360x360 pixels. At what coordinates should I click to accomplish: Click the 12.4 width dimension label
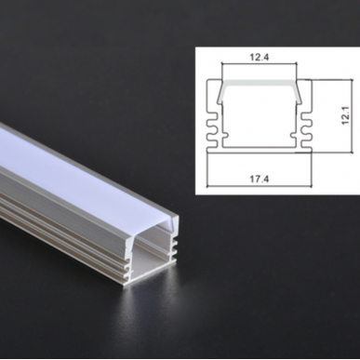point(260,58)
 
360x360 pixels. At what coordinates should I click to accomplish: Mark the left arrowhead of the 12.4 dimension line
point(222,68)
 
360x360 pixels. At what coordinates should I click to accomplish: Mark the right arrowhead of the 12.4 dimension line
point(296,68)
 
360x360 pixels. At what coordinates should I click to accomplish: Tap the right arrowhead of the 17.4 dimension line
point(311,183)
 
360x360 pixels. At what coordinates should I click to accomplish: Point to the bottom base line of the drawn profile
point(260,149)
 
